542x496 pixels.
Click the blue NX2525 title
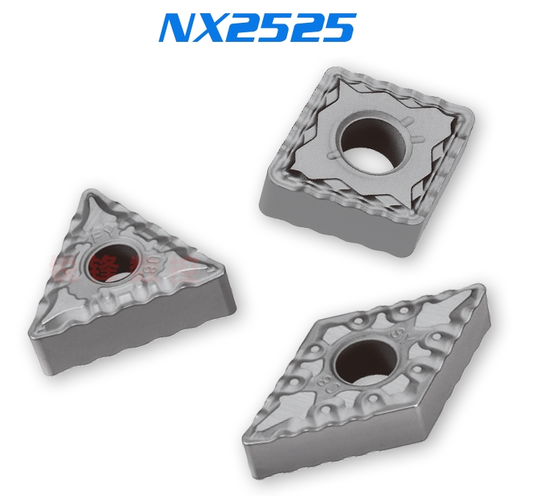[257, 27]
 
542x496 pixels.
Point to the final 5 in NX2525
[339, 27]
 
